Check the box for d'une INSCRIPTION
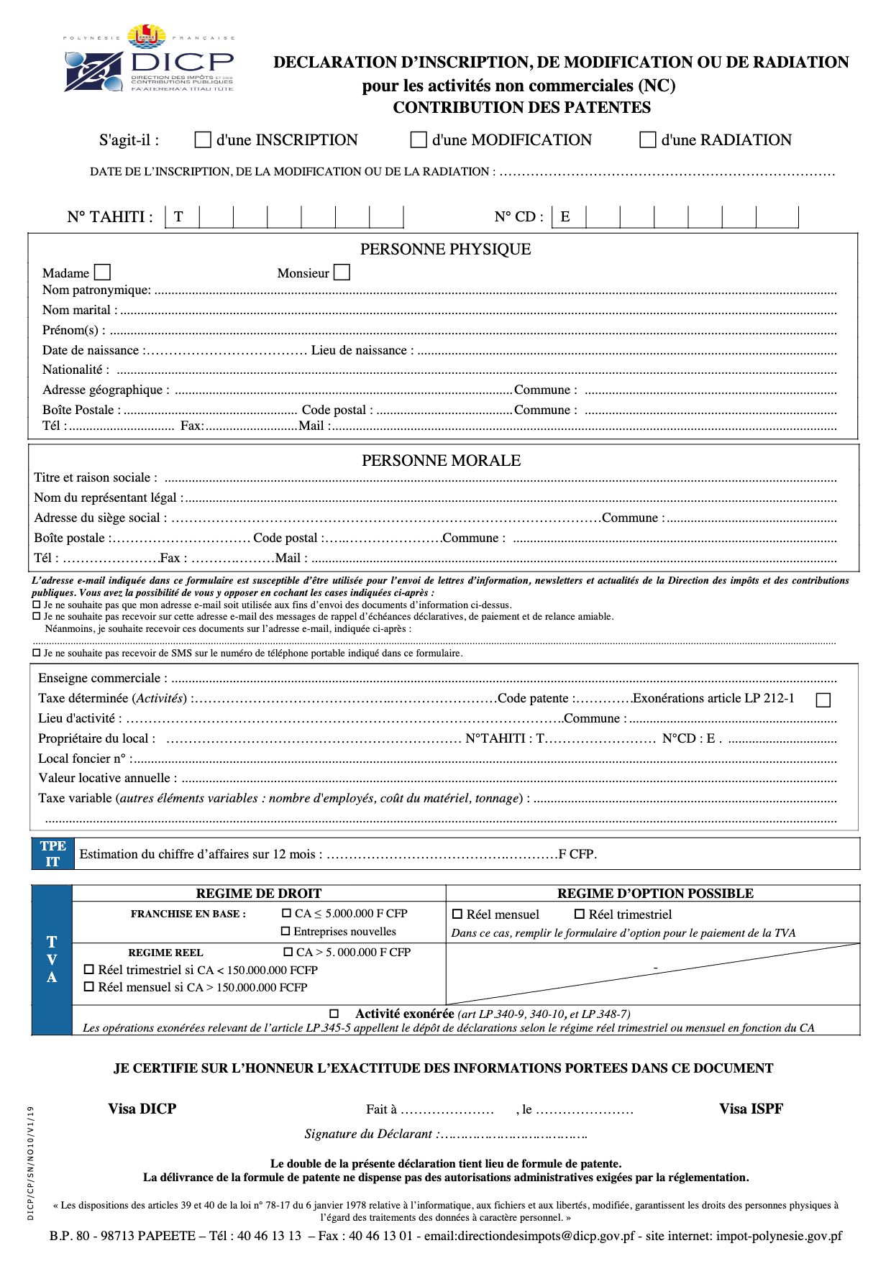point(203,139)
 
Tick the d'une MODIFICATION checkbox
point(418,139)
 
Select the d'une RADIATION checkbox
point(647,139)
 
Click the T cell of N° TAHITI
point(182,217)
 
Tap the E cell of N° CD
point(568,217)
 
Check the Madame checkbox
point(103,272)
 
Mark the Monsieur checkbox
point(342,272)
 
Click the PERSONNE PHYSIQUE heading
point(445,249)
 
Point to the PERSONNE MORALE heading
point(441,461)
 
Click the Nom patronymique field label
point(96,290)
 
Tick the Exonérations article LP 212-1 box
point(823,700)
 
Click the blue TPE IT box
point(52,854)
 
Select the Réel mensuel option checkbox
point(457,914)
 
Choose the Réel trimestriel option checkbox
point(580,914)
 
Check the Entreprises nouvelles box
point(285,932)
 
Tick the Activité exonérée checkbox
point(334,1014)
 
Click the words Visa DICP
point(142,1109)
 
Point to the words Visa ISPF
point(751,1109)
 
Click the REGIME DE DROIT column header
point(258,894)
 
